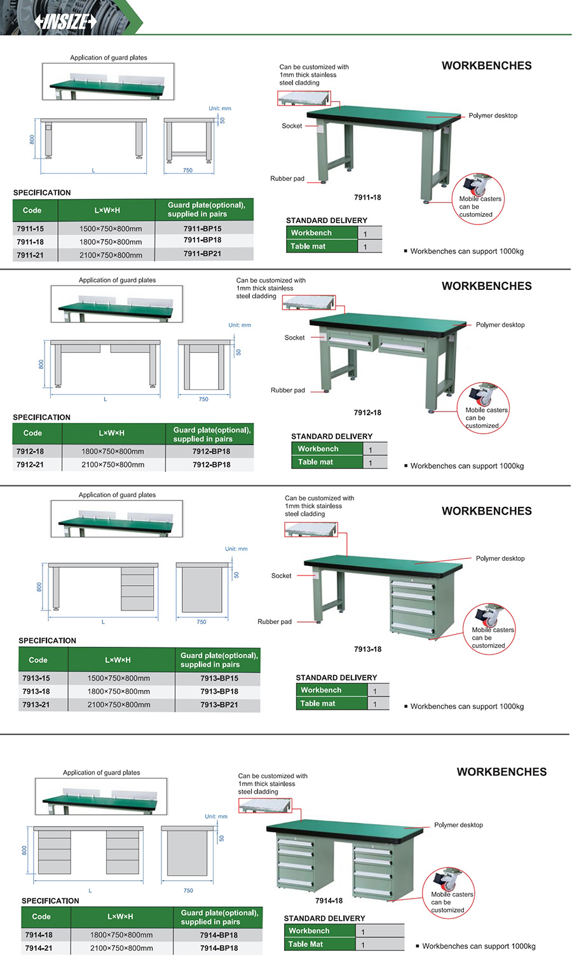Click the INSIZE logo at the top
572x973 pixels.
(x=65, y=22)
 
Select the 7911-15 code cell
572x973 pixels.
(x=31, y=229)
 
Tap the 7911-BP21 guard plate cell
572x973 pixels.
(x=203, y=254)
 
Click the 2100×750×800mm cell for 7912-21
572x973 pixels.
(x=112, y=465)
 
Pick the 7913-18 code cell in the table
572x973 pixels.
(x=36, y=691)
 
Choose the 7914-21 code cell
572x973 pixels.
(x=39, y=948)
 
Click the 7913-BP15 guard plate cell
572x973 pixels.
(x=219, y=679)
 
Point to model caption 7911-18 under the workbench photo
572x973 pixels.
(x=367, y=198)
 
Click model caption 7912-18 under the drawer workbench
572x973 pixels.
(x=367, y=413)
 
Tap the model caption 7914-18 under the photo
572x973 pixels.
(x=329, y=901)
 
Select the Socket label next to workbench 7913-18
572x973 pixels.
(x=281, y=576)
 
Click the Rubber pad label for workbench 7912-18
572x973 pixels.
(x=287, y=390)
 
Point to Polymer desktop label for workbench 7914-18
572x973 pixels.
(x=458, y=825)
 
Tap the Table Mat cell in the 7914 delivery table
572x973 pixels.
(x=306, y=944)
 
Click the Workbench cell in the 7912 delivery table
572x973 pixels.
(x=318, y=449)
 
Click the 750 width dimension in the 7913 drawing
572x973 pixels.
(x=201, y=622)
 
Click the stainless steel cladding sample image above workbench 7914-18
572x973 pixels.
(x=264, y=806)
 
